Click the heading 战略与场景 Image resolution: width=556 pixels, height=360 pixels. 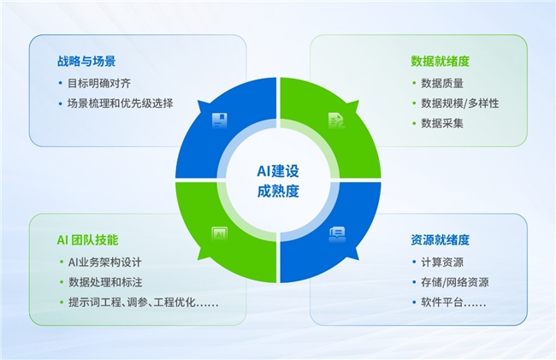[86, 62]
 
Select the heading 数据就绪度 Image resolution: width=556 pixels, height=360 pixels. [440, 62]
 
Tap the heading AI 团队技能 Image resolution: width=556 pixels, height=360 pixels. [87, 240]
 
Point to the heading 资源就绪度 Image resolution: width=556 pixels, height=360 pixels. [440, 240]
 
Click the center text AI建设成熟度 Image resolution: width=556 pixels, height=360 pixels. [278, 181]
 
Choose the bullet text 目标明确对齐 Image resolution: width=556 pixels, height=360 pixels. [99, 83]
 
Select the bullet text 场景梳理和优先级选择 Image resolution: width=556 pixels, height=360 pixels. [121, 103]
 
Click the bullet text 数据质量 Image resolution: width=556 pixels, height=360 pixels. [442, 83]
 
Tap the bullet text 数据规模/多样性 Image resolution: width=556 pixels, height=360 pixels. [460, 103]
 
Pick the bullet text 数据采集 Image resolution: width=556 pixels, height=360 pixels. [442, 123]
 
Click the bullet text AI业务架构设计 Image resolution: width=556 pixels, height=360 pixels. [105, 263]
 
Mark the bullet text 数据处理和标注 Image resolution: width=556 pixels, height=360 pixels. [105, 282]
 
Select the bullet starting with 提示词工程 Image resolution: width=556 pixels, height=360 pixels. [143, 302]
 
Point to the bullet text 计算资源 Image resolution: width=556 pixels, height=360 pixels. [442, 263]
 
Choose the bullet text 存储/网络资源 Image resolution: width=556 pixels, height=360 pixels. [455, 282]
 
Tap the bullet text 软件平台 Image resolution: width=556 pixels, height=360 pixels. [453, 302]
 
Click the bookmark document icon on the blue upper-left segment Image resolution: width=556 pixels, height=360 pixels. [220, 121]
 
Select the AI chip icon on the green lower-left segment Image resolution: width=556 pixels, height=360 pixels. [220, 234]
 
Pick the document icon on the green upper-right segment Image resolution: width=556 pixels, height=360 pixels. [336, 121]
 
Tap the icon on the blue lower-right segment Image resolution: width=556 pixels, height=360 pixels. [337, 234]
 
